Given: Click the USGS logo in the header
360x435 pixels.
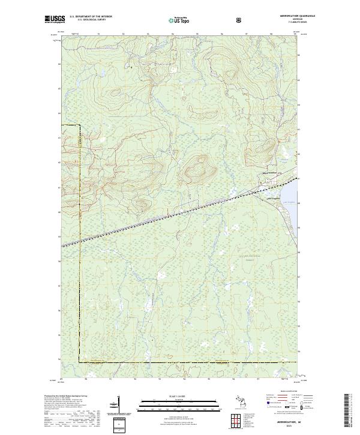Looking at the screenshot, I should click(x=55, y=19).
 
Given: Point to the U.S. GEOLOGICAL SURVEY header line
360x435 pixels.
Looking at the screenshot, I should click(x=88, y=20).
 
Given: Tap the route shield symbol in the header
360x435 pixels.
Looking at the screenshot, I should click(x=241, y=20).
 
